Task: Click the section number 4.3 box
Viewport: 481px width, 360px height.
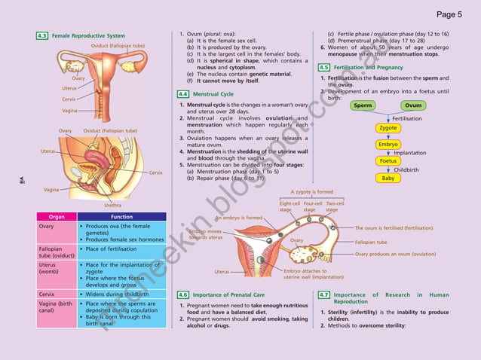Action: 42,35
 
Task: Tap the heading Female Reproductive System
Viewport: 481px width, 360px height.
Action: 88,35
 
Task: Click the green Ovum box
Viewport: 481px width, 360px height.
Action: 413,105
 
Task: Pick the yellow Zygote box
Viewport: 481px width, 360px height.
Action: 388,128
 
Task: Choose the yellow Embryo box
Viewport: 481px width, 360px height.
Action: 388,144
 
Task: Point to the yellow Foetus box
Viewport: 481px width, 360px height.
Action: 388,160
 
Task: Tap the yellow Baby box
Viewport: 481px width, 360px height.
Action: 388,178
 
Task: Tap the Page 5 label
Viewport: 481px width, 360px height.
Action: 449,13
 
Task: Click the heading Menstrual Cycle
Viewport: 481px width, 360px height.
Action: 213,93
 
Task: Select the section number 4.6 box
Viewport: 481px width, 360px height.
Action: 182,294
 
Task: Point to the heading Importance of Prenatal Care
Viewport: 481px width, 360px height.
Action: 228,294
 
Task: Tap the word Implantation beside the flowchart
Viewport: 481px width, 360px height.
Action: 410,152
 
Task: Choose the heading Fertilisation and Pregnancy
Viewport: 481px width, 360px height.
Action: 370,67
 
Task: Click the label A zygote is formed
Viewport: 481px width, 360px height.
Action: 312,192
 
